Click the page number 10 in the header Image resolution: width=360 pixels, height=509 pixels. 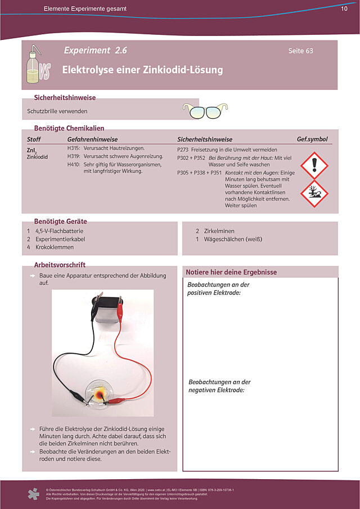tap(344, 9)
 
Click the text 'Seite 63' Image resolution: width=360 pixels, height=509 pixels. tap(300, 51)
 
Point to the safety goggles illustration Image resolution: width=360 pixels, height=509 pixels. tap(206, 111)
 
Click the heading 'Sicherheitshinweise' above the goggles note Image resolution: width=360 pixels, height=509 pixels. tap(65, 97)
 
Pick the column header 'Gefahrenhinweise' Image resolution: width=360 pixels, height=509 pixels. tap(92, 139)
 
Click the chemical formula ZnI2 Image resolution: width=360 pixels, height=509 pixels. tap(31, 151)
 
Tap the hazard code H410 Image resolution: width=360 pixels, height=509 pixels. tap(73, 164)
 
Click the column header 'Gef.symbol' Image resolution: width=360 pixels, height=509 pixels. tap(312, 139)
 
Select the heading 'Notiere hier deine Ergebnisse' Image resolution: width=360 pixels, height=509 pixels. tap(231, 272)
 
